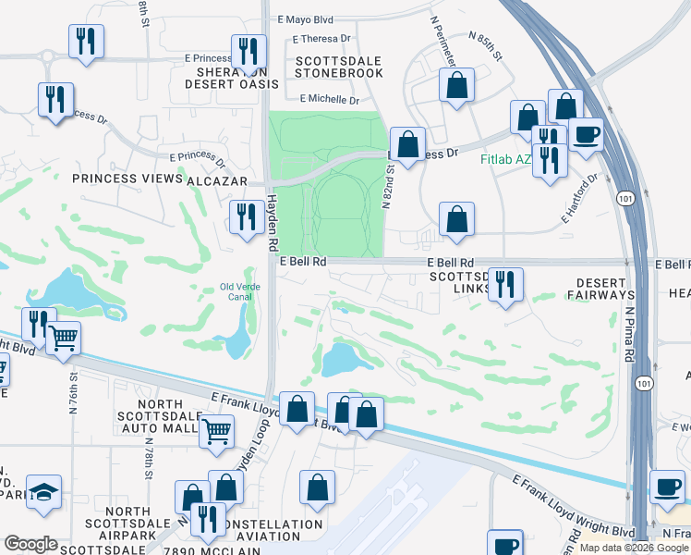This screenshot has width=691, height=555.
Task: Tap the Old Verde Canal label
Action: coord(240,291)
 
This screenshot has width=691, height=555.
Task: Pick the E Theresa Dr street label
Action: coord(321,39)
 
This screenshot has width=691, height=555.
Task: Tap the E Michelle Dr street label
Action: coord(328,98)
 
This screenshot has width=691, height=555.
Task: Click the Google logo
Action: coord(30,544)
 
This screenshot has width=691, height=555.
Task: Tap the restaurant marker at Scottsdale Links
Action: coord(504,284)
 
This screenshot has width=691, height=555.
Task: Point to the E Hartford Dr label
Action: coord(580,199)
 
